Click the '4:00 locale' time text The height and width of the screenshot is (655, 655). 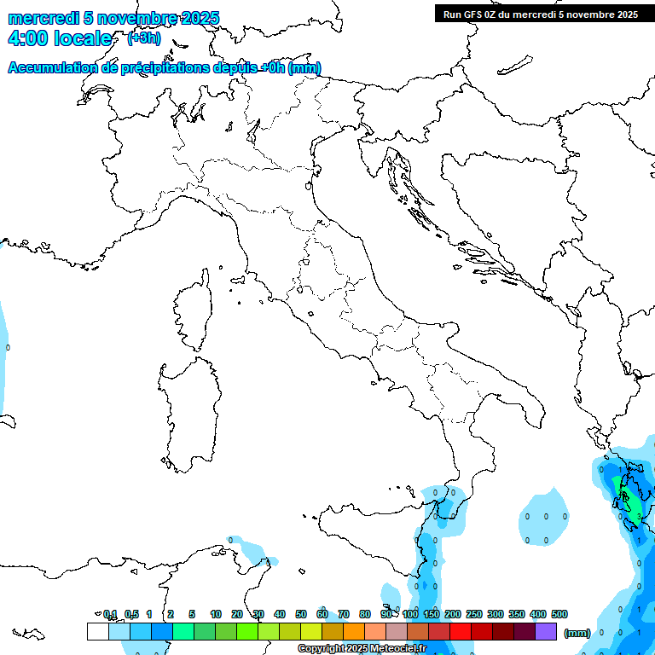[x=59, y=38]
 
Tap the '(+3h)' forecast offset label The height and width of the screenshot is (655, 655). [x=143, y=38]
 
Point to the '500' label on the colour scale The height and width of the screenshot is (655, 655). [x=559, y=614]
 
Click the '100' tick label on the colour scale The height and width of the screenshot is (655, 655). [x=410, y=614]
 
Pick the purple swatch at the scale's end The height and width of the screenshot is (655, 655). [x=546, y=631]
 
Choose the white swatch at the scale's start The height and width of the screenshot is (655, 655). [x=98, y=631]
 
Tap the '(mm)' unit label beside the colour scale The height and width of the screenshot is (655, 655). [x=577, y=632]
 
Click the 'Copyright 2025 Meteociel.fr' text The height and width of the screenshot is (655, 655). [x=362, y=649]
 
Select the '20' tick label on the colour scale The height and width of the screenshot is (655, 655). [x=237, y=614]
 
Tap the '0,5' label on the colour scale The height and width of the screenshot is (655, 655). [x=131, y=614]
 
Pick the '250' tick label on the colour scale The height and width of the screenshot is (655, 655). [x=474, y=614]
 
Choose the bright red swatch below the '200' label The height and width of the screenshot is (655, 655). [x=461, y=631]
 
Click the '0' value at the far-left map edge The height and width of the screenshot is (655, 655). [x=8, y=347]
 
